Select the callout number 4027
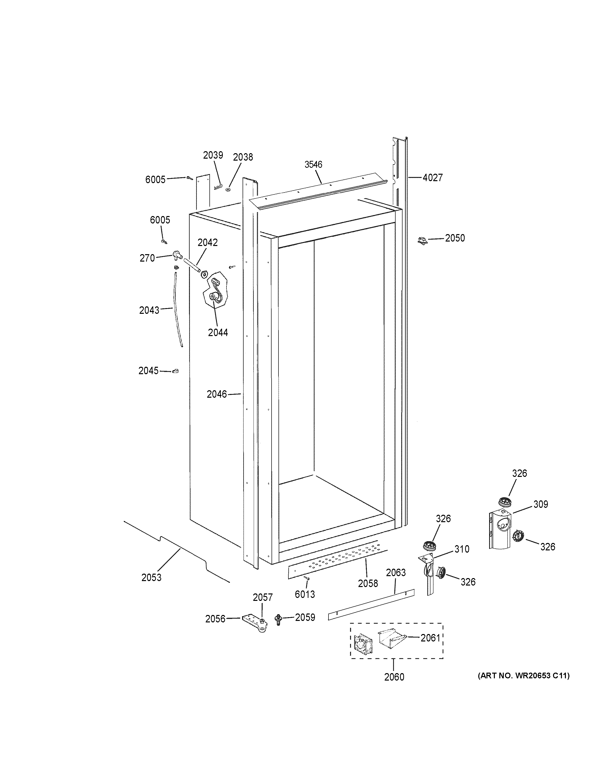(433, 177)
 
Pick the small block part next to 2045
(176, 371)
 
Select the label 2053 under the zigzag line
(151, 578)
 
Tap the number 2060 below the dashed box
(394, 677)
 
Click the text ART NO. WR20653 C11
(523, 676)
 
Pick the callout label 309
(540, 504)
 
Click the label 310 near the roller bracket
(461, 549)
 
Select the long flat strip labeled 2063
(371, 605)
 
